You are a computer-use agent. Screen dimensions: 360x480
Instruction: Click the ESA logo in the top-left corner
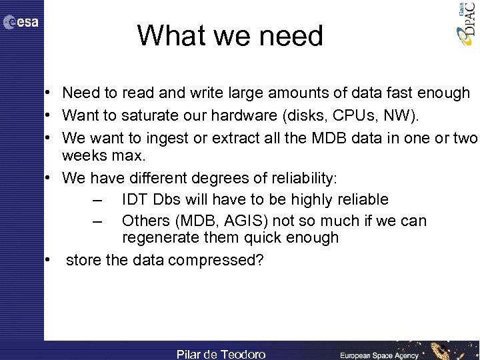[21, 23]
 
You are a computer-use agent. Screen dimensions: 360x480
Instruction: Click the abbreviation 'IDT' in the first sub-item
[136, 199]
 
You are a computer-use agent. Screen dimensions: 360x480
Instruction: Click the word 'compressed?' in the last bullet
[216, 260]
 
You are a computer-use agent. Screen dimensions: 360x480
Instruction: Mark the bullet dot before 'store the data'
[49, 260]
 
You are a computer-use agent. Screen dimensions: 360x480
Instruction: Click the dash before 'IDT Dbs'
[98, 200]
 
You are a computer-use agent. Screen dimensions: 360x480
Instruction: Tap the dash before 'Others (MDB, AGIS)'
[98, 221]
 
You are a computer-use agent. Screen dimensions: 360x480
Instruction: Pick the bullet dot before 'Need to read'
[49, 93]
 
